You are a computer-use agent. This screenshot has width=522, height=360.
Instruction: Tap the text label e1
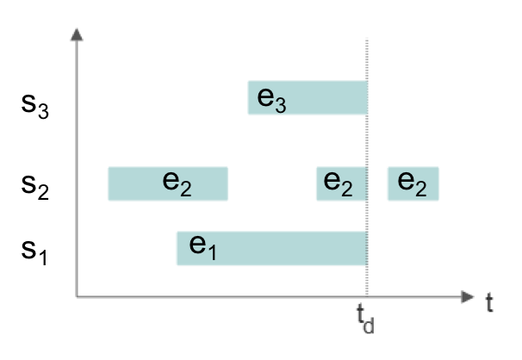202,248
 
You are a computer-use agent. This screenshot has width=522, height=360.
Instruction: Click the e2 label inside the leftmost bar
177,183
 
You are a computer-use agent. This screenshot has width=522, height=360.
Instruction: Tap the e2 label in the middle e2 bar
338,183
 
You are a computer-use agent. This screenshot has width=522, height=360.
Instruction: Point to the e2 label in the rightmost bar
412,183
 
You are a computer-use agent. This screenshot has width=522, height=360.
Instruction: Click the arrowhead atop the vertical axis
77,34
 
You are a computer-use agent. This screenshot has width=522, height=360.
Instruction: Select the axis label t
489,302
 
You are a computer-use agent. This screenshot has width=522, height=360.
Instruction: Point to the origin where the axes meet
77,297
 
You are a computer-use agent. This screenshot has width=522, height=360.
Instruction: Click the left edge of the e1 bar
177,248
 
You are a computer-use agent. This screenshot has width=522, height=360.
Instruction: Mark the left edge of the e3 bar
247,97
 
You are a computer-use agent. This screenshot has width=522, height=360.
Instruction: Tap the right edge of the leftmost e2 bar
228,183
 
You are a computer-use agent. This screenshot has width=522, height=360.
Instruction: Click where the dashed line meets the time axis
368,297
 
